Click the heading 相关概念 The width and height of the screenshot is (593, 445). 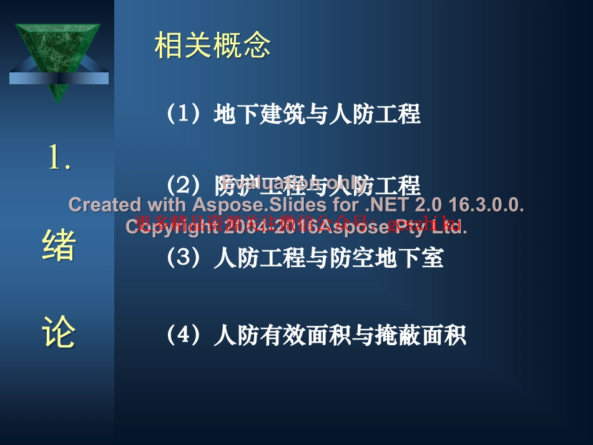click(x=213, y=46)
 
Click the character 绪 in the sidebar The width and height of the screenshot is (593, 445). click(x=59, y=246)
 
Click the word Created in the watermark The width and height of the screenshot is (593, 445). click(x=104, y=205)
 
